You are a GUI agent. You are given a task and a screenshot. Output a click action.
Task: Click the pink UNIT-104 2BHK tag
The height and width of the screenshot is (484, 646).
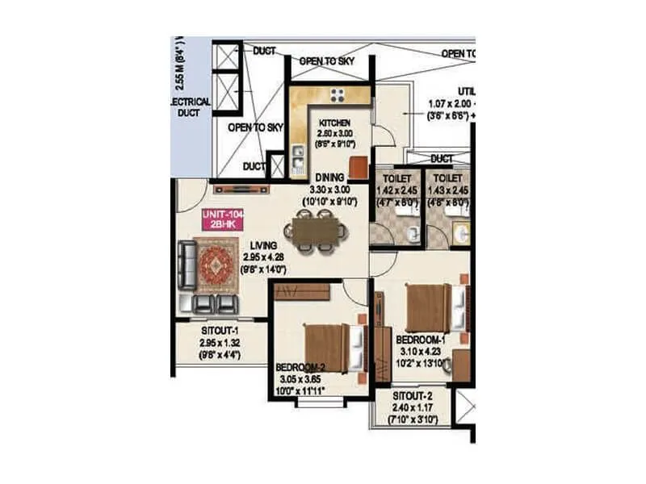tap(219, 220)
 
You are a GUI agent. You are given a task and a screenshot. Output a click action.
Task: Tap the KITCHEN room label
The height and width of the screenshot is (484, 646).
tap(333, 123)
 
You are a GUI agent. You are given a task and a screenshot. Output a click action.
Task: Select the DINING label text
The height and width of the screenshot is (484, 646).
tap(331, 177)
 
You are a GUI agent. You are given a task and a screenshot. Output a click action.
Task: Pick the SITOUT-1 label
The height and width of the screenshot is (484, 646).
tap(220, 330)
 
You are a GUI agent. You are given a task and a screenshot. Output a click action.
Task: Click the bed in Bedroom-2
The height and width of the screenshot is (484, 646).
tap(328, 348)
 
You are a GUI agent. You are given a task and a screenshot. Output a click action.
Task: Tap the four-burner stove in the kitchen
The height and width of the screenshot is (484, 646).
tap(338, 94)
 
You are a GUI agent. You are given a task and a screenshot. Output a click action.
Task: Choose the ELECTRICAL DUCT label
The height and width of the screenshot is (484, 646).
tap(191, 108)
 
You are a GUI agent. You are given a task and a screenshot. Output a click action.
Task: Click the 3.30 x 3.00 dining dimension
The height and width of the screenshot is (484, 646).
tap(331, 189)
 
